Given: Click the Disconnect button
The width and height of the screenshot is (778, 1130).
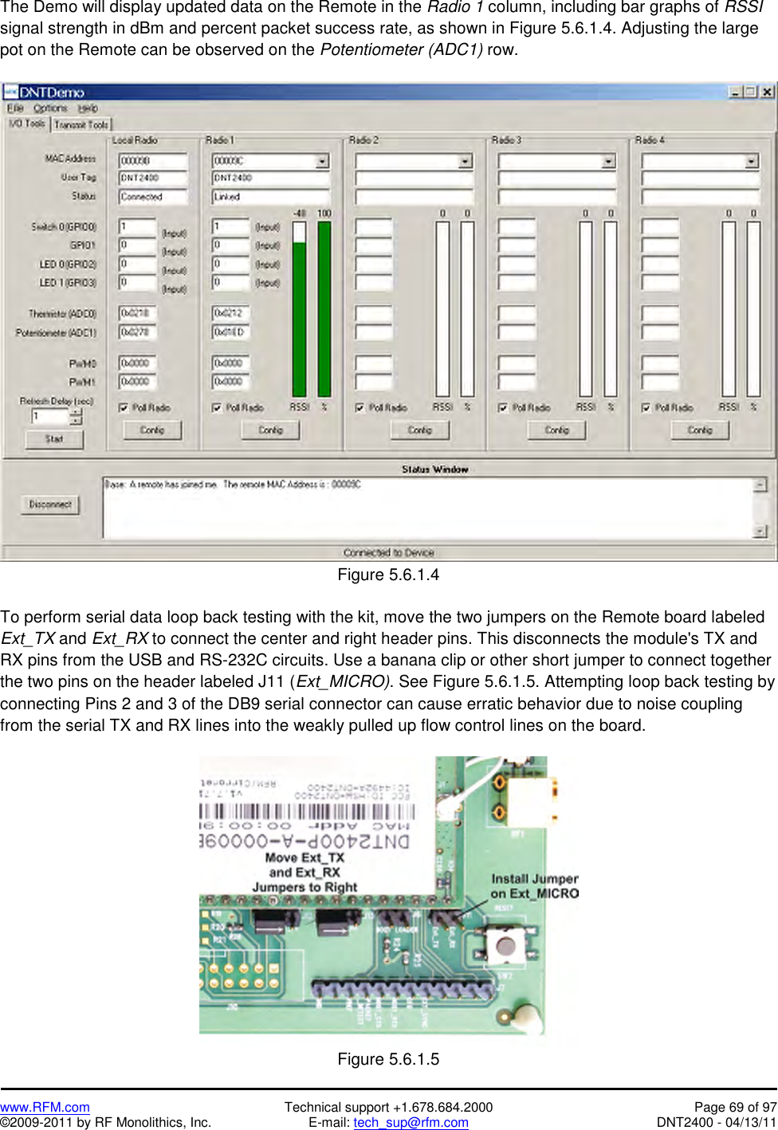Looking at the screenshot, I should point(50,504).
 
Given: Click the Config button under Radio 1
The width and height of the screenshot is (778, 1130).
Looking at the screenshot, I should point(270,430).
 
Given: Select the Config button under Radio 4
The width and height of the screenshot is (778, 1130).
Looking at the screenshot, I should point(700,430).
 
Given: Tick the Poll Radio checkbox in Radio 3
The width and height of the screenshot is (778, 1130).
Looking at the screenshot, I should point(503,408).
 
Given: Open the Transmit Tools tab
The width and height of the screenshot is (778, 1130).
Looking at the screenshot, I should point(81,124).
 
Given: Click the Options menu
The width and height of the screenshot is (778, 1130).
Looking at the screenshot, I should point(50,108).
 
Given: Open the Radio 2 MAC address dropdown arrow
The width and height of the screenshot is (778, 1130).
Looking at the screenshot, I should point(465,162).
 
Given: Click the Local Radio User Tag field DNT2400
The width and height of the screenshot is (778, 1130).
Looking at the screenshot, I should point(152,179).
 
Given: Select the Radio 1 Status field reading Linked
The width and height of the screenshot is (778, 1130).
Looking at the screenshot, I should point(269,197).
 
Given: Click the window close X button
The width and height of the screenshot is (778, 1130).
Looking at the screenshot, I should point(767,92).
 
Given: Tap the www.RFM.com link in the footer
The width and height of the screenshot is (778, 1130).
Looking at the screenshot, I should point(45,1107).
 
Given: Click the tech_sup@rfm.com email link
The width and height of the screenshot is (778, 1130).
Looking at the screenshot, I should point(411,1122).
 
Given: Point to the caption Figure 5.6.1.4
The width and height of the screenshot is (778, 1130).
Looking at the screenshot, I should point(388,575).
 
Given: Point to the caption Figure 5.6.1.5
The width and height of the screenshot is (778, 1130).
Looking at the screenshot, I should point(388,1059).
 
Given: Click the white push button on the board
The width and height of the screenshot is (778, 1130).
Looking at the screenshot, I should point(505,947).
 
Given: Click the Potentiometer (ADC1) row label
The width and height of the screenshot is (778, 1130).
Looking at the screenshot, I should point(56,333).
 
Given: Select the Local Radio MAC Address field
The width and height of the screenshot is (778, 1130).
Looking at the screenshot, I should point(152,161).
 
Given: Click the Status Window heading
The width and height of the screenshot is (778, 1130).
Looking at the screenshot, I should point(434,469).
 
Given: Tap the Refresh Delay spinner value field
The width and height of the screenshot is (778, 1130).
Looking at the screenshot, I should point(50,417).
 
